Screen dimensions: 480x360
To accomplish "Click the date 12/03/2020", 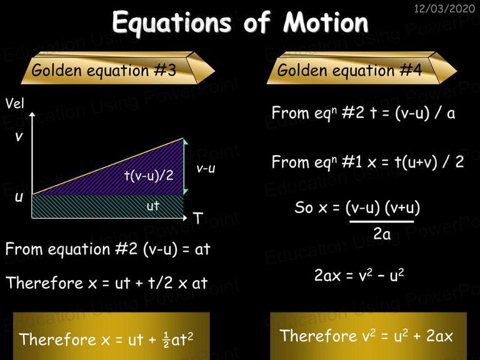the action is tap(444, 8).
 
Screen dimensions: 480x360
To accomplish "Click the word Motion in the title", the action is tap(326, 22).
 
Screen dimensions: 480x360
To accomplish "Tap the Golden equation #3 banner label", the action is tap(104, 70).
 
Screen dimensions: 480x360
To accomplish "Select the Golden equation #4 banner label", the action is tap(349, 70).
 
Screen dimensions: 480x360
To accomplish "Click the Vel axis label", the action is tap(15, 104).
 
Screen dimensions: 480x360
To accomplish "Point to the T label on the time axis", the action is tap(198, 218).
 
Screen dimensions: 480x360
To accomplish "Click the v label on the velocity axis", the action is tap(19, 136).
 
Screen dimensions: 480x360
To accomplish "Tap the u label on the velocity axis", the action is tap(19, 197).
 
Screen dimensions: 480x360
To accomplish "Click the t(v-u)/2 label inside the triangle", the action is tap(149, 176).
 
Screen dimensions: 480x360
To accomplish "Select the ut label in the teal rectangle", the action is tap(153, 206).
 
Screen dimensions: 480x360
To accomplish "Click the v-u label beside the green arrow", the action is tap(206, 168).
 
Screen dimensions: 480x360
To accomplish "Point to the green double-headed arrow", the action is tap(184, 166).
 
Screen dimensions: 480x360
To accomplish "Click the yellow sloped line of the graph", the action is tap(107, 166).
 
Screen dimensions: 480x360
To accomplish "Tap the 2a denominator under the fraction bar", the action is tap(382, 234).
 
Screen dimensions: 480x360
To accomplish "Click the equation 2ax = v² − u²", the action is tap(359, 274).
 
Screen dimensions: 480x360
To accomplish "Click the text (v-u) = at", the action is tap(176, 249).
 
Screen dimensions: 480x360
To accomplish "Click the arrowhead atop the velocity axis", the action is tap(32, 114).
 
